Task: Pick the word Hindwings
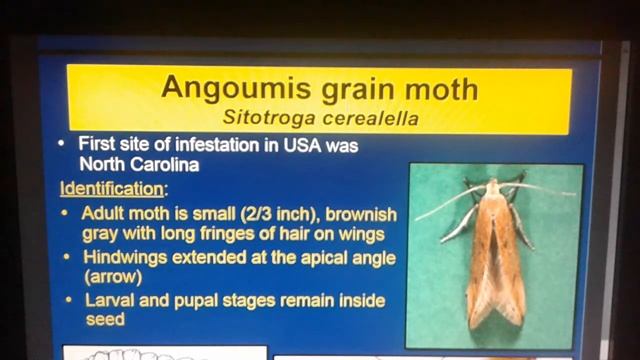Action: pos(123,257)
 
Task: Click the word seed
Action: pos(103,319)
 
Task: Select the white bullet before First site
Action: pos(64,146)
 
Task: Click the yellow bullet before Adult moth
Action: pos(66,214)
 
